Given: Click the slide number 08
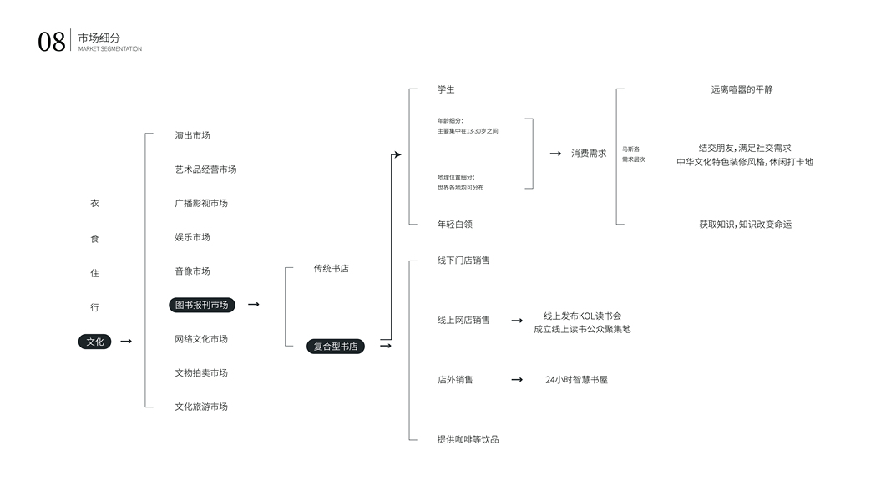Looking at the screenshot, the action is pyautogui.click(x=51, y=42).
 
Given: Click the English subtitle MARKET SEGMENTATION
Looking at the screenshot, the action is pyautogui.click(x=110, y=49).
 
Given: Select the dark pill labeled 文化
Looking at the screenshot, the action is pyautogui.click(x=95, y=342).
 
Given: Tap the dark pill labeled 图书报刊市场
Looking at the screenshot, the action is pyautogui.click(x=202, y=305).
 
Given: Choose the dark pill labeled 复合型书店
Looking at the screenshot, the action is pyautogui.click(x=335, y=347).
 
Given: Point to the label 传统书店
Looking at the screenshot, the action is pyautogui.click(x=332, y=269).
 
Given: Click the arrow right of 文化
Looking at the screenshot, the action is pyautogui.click(x=126, y=342).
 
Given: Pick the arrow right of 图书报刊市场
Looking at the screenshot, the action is pyautogui.click(x=253, y=305).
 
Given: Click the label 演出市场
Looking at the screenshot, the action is pyautogui.click(x=192, y=136).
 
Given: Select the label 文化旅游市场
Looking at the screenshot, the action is pyautogui.click(x=201, y=407).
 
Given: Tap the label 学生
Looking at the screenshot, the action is pyautogui.click(x=446, y=89).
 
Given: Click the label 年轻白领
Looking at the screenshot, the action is pyautogui.click(x=454, y=225).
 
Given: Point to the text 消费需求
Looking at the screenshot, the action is pyautogui.click(x=589, y=154).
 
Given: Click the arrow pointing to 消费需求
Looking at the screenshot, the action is pyautogui.click(x=555, y=154).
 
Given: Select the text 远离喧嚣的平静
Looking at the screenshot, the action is pyautogui.click(x=742, y=89).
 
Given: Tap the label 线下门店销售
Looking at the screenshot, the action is pyautogui.click(x=463, y=261).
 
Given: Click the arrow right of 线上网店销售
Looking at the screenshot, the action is pyautogui.click(x=517, y=321).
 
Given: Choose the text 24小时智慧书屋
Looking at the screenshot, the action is pyautogui.click(x=576, y=380).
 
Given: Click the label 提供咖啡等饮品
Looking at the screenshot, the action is pyautogui.click(x=468, y=440).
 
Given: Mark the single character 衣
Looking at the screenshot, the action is pyautogui.click(x=94, y=204).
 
